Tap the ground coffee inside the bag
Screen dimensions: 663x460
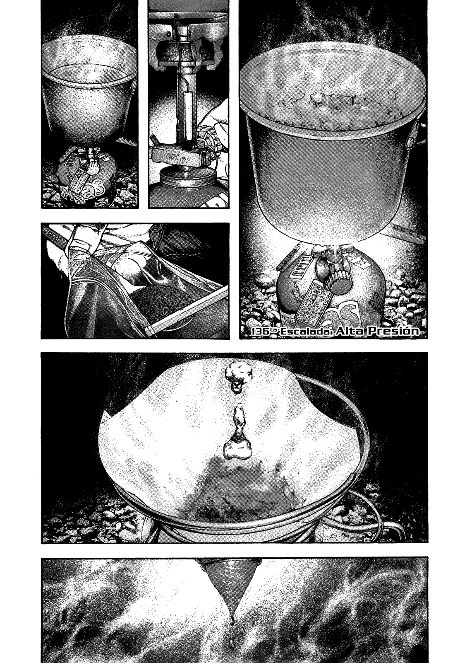coord(161,302)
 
